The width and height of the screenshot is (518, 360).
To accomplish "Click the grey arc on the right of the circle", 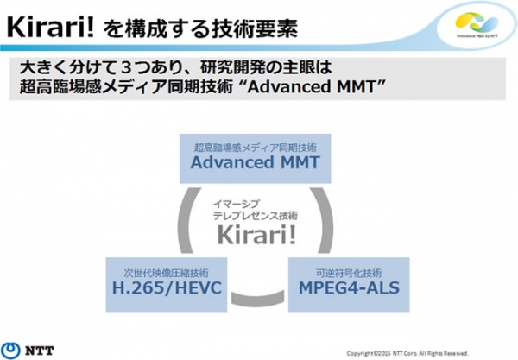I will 327,224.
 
